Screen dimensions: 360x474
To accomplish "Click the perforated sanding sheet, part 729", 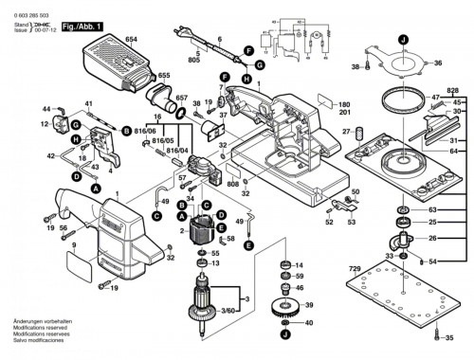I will [399, 309].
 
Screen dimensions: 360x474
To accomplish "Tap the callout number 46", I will [301, 287].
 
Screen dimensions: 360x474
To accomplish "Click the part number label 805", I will [193, 60].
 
